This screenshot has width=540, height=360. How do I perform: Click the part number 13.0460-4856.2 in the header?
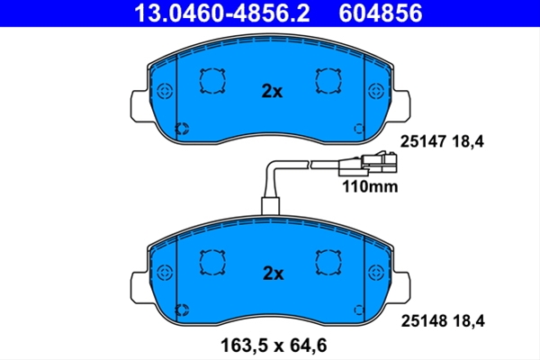click(x=221, y=13)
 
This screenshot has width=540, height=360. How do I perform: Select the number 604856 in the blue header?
click(x=380, y=13)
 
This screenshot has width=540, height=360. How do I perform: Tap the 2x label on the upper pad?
click(x=272, y=91)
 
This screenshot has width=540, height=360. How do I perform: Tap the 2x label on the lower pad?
click(x=273, y=274)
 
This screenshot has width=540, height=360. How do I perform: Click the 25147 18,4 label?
click(x=442, y=141)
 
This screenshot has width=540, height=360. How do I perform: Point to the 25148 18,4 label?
click(x=443, y=321)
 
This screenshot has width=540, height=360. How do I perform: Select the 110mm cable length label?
click(x=370, y=186)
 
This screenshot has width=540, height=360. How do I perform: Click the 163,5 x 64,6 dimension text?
click(x=274, y=346)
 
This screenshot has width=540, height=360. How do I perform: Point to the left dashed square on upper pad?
click(x=212, y=81)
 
